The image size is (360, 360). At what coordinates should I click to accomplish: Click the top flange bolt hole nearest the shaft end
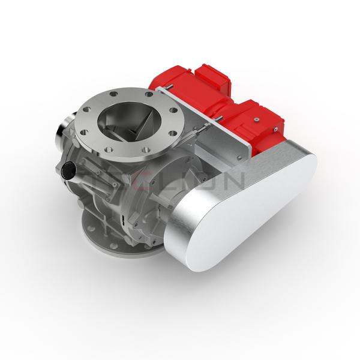point(89,110)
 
